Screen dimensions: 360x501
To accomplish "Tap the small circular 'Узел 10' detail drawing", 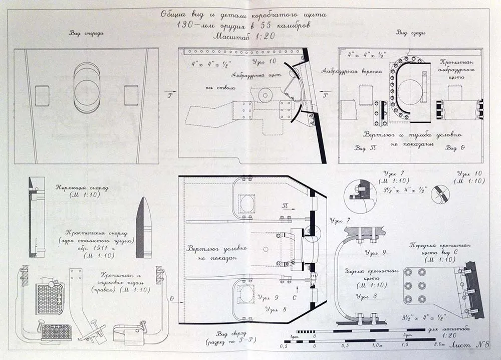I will [x=440, y=194].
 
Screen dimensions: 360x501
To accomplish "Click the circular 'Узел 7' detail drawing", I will [x=359, y=192].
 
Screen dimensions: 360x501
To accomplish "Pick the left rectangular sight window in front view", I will [x=43, y=95].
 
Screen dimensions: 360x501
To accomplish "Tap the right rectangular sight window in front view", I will [x=131, y=95].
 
